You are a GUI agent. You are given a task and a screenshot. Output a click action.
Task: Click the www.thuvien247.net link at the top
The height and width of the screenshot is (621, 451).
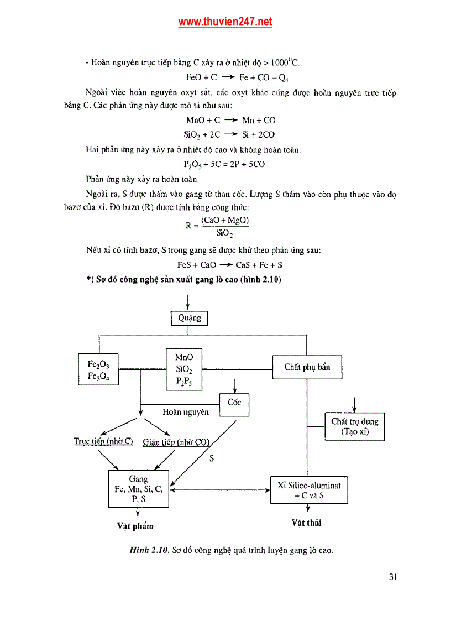pos(225,22)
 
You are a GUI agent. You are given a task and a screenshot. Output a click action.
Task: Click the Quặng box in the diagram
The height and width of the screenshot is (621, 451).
pos(189,318)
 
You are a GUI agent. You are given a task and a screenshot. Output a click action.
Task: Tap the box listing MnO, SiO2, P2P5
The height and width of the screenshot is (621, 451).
pos(184,369)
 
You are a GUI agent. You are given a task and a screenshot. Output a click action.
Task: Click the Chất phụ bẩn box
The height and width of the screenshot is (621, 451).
pos(307,367)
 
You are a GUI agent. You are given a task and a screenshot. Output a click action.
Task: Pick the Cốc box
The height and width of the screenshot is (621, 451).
pos(234,403)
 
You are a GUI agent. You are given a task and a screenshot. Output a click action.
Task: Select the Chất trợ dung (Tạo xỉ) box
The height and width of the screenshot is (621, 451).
pos(354,426)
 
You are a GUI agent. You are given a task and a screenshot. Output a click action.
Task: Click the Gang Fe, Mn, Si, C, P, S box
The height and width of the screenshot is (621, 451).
pos(138,489)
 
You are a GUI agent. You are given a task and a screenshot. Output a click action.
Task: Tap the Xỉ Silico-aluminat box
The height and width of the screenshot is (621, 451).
pos(309,490)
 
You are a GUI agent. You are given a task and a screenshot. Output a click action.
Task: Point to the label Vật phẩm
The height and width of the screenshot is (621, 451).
pos(135,526)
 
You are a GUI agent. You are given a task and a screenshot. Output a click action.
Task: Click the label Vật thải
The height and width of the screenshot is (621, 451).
pos(307,523)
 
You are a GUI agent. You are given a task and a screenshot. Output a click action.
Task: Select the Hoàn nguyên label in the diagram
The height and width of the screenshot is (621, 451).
pos(186,412)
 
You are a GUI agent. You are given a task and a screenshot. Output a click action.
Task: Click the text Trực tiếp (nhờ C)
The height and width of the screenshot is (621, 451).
pos(103,441)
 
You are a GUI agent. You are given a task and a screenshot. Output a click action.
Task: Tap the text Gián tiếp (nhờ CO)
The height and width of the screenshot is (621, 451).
pos(176,442)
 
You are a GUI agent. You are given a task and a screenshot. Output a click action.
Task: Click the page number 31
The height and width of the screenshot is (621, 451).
pos(393,577)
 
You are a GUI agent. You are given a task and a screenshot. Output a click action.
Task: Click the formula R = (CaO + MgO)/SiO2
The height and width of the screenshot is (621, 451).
pos(218,226)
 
